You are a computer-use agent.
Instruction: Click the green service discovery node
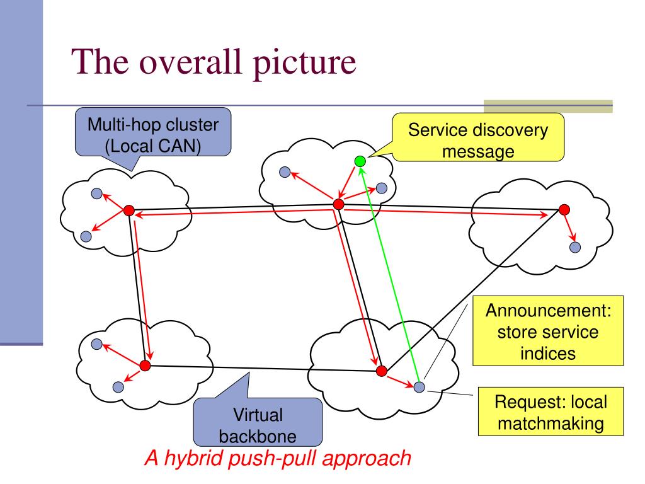pos(360,161)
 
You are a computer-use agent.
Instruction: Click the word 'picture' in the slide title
pos(304,62)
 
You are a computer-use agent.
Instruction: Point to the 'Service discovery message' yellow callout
pos(478,137)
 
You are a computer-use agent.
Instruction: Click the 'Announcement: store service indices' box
pos(548,331)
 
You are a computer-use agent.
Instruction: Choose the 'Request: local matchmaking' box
pos(551,412)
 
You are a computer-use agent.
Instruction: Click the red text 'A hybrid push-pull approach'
pos(278,458)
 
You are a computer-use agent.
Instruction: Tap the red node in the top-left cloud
pos(129,210)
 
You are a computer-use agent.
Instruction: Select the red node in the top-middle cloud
pos(338,204)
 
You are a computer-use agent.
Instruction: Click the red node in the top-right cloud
pos(564,209)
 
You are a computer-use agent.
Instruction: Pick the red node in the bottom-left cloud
pos(146,365)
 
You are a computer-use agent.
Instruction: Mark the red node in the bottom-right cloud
pos(382,371)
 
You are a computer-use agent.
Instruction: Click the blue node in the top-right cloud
pos(575,247)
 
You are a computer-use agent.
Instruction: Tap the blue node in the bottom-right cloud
pos(419,387)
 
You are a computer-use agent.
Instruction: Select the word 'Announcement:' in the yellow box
pos(549,310)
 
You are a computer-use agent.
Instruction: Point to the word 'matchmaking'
pos(551,423)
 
